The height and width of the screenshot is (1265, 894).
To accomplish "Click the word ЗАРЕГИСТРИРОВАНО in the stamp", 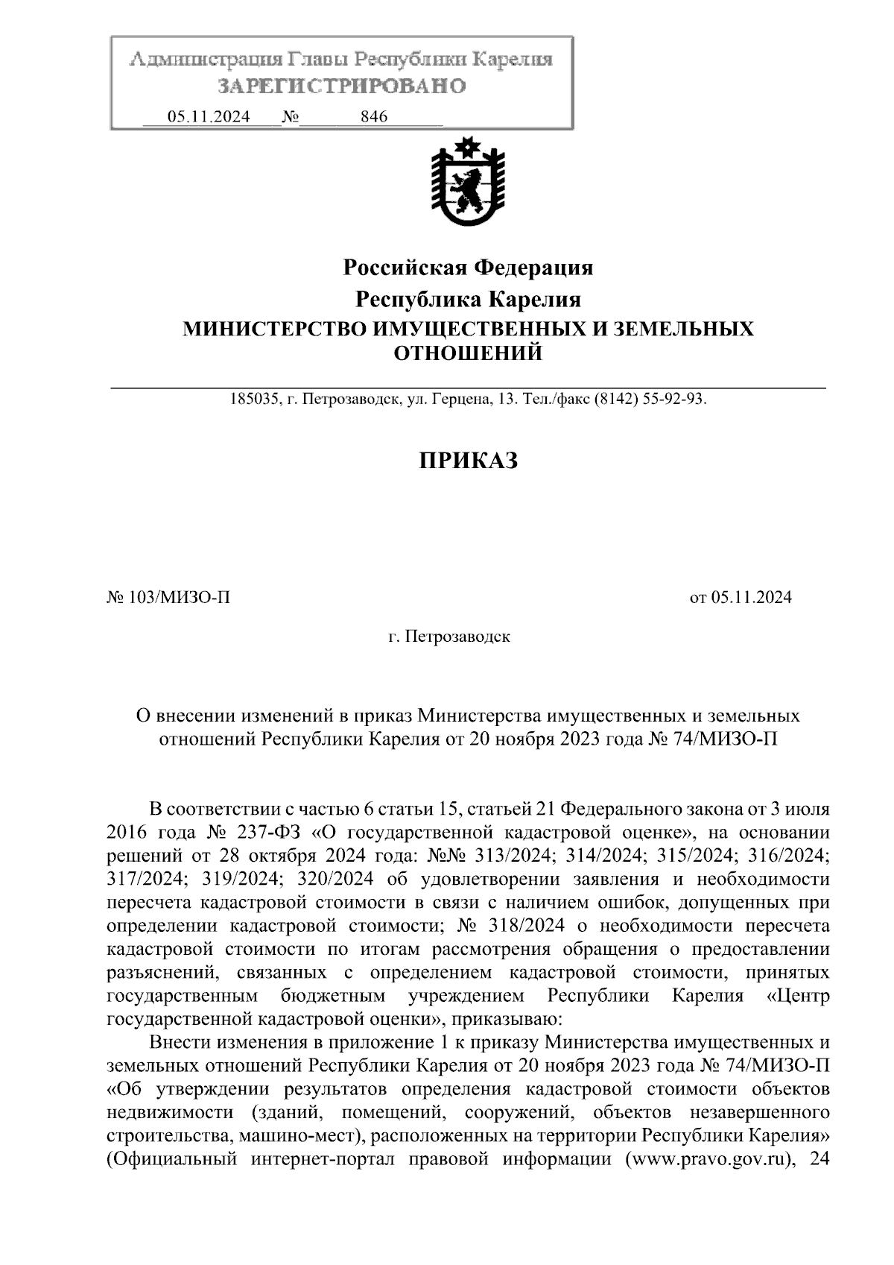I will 341,86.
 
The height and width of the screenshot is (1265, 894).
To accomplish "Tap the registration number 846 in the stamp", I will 373,117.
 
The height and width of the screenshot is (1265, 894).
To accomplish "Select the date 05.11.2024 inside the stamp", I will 209,117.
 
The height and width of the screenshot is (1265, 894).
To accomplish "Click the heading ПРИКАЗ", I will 467,461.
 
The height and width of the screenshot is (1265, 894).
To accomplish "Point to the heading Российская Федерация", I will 467,267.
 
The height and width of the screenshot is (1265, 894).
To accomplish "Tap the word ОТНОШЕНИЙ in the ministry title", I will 467,353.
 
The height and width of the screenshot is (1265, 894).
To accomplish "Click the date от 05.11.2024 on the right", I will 741,597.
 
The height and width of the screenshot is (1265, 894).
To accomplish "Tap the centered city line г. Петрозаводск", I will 448,637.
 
